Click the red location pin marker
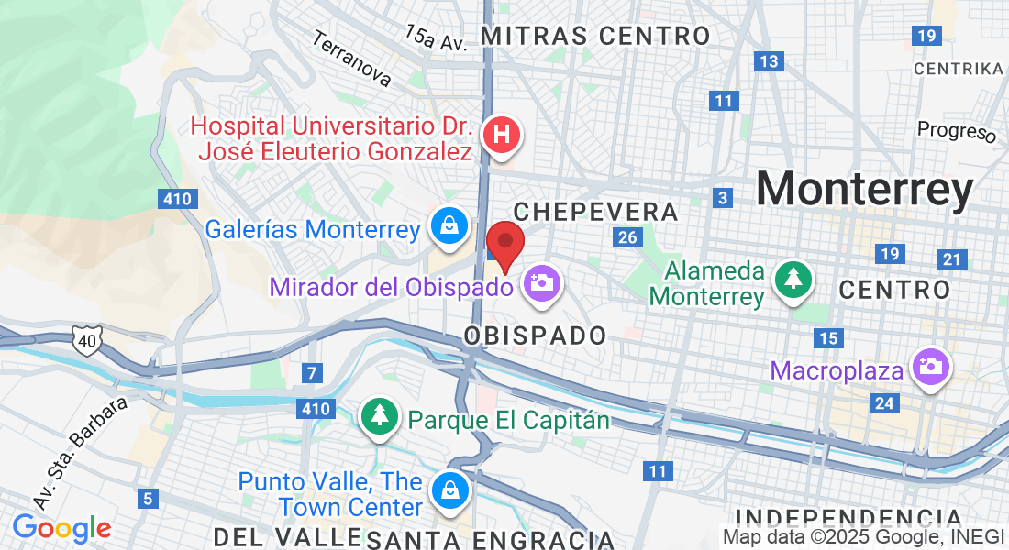click(504, 244)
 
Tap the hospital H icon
click(501, 136)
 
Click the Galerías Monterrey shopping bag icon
click(450, 227)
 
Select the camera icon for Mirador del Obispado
click(541, 281)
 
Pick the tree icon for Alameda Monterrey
click(791, 280)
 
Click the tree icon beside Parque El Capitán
click(379, 417)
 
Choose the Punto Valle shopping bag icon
click(450, 490)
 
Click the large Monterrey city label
click(864, 191)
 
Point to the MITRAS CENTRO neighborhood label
click(595, 37)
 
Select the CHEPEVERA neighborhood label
click(596, 213)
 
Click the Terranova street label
click(351, 60)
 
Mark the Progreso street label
click(957, 132)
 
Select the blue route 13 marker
click(769, 61)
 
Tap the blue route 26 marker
click(627, 238)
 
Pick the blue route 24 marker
click(885, 403)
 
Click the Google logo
click(61, 528)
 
